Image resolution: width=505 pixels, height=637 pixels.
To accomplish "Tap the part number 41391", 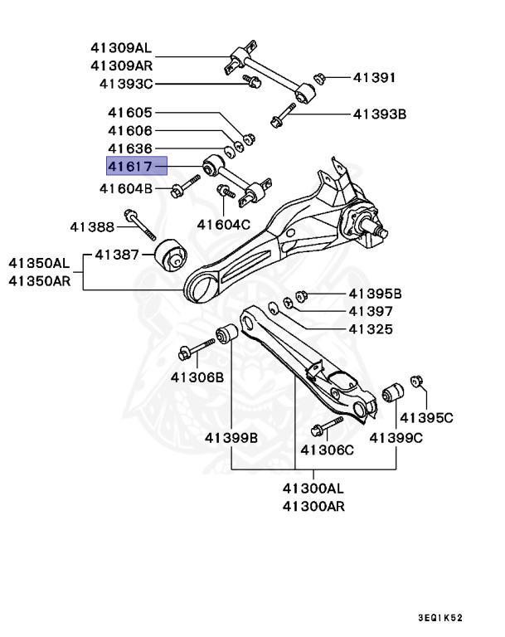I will point(374,78).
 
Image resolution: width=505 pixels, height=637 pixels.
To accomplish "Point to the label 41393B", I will point(379,114).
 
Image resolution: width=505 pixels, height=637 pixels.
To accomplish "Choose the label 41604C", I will point(223,224).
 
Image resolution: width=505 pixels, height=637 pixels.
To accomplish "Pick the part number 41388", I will point(91,226).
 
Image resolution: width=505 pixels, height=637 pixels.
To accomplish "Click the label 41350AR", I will point(40,281).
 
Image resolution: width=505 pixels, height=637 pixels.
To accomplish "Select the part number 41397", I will point(370,312).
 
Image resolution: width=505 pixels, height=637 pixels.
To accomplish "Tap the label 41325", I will point(370,329).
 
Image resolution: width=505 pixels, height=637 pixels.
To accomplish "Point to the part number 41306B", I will point(197,377).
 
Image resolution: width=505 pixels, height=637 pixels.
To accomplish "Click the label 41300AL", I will point(313,488).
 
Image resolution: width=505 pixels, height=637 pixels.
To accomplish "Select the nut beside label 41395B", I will point(303,294).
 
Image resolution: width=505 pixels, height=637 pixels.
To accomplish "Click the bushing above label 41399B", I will point(227,337).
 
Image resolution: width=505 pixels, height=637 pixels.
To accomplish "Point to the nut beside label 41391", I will point(318,79).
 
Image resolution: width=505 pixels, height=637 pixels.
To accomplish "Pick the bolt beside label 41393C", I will point(252,81).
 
